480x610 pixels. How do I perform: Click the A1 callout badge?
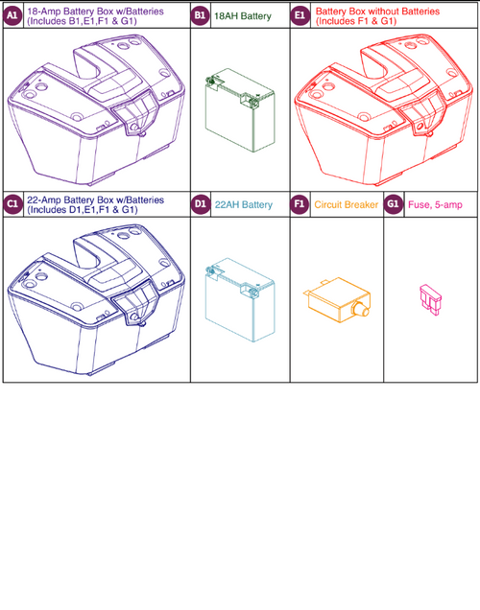13,16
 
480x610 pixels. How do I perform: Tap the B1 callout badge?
201,16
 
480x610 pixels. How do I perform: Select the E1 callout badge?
300,16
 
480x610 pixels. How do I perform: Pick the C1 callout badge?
13,204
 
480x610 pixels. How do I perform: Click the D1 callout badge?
201,204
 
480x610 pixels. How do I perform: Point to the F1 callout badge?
300,204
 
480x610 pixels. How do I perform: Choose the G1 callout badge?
394,204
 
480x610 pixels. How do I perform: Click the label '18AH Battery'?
242,16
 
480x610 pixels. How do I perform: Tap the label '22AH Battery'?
244,204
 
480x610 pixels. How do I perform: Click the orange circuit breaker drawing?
331,302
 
